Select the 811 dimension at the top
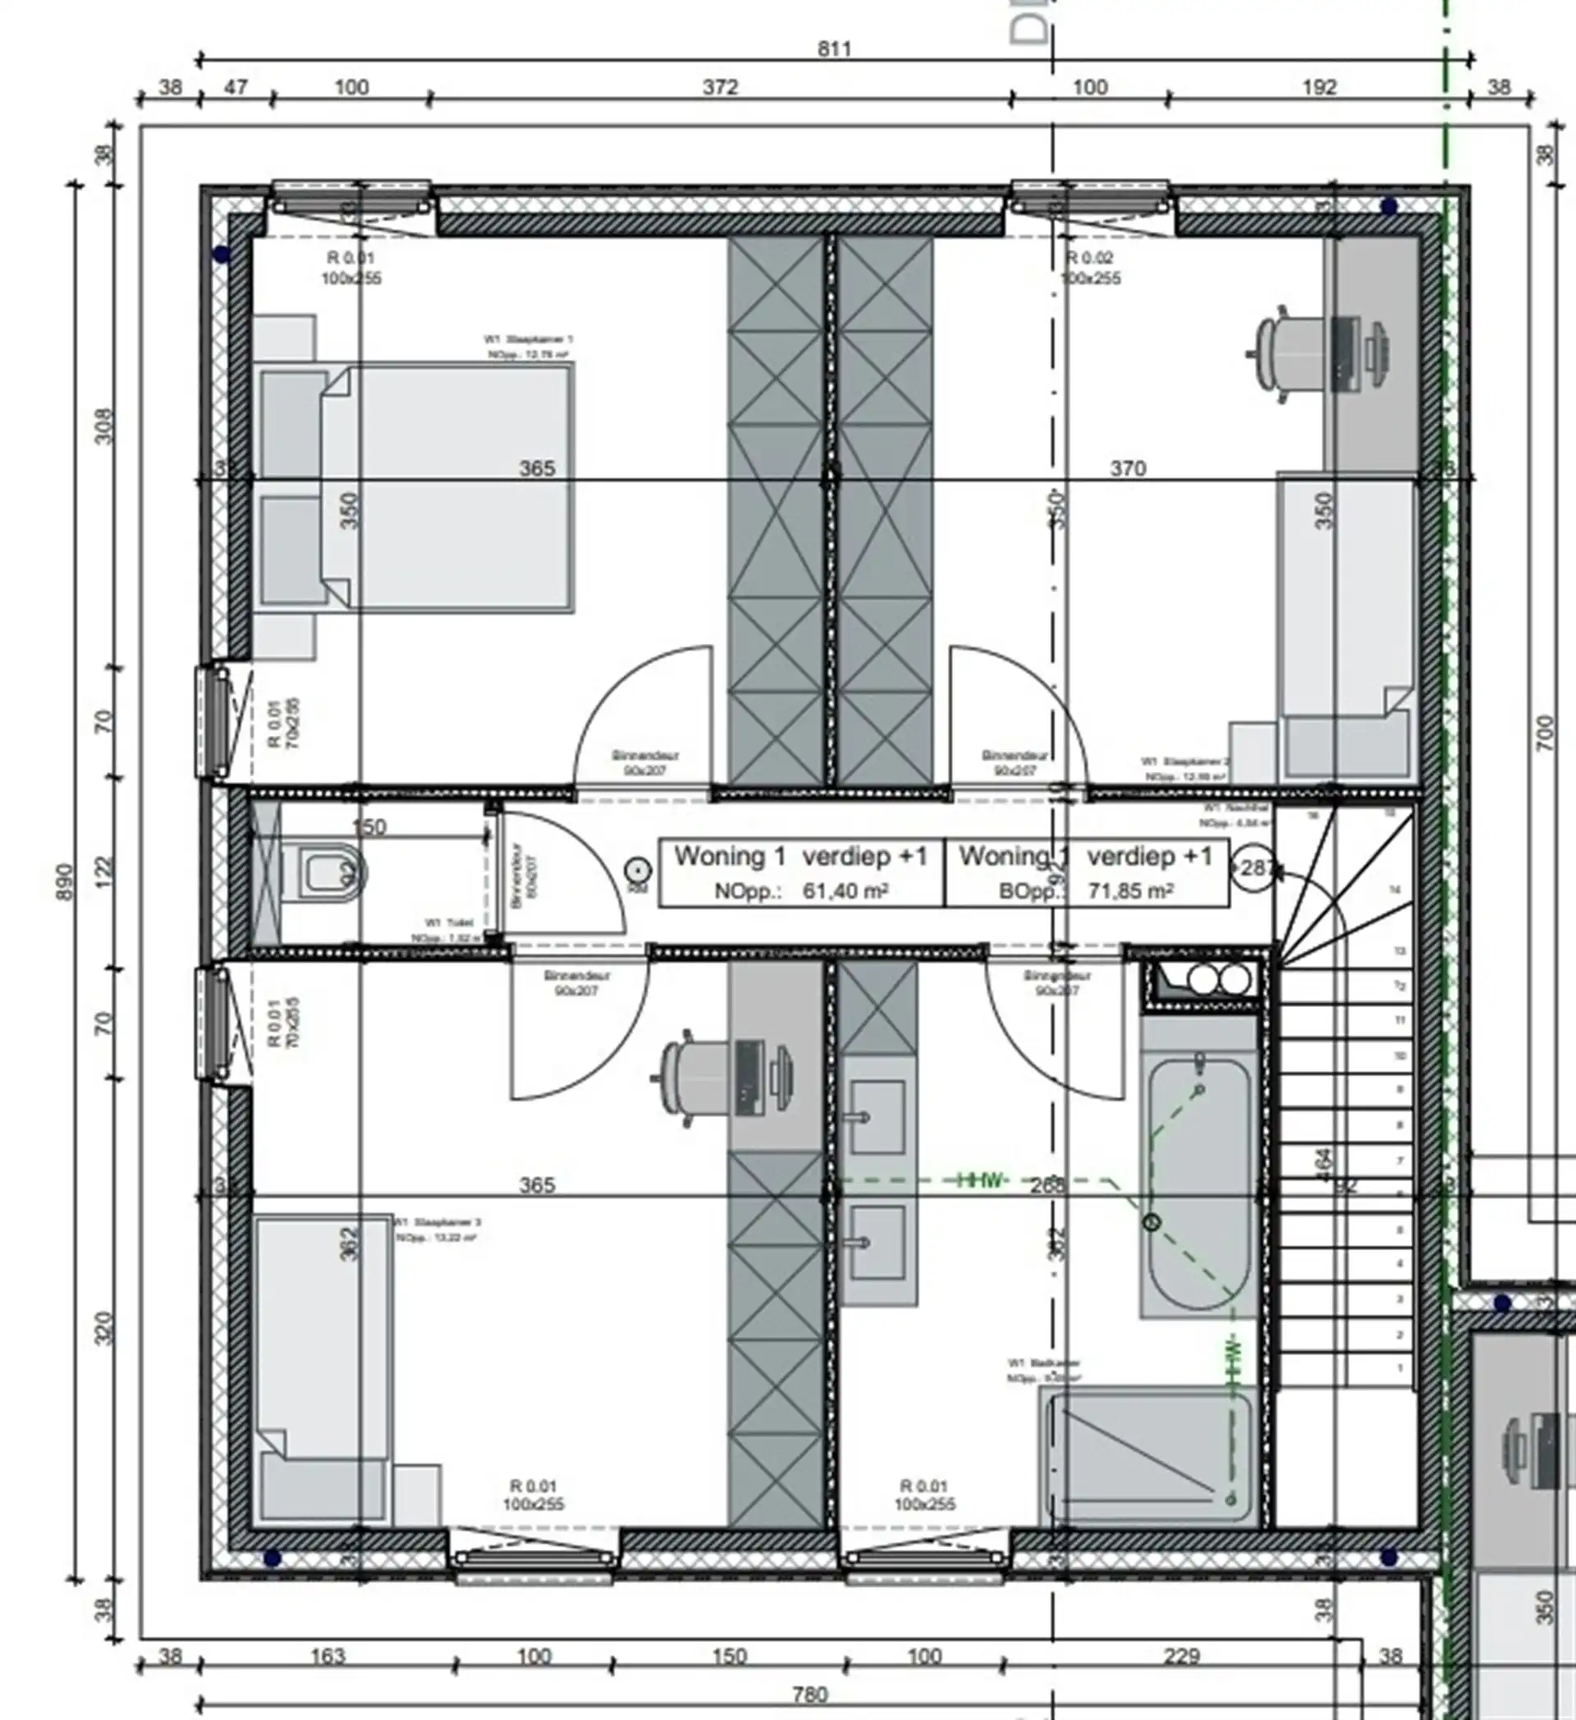point(833,48)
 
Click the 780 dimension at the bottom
point(809,1695)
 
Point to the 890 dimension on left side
point(67,881)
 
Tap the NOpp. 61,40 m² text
point(800,891)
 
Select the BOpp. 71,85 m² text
point(1086,891)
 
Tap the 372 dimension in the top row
point(720,87)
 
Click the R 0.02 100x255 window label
point(1089,268)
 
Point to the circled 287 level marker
point(1253,868)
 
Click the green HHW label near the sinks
point(982,1180)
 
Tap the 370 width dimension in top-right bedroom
point(1128,467)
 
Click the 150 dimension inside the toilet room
point(369,826)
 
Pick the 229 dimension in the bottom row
point(1181,1656)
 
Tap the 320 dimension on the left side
point(103,1328)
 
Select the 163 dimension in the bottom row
point(327,1656)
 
